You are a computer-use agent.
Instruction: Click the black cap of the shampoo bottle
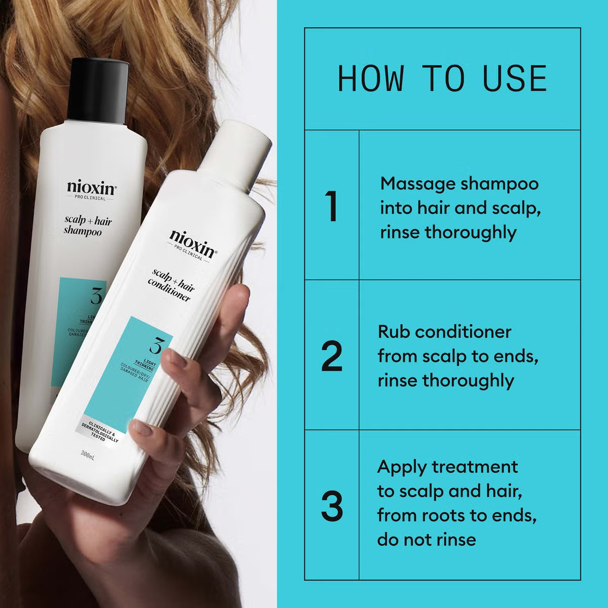tap(98, 91)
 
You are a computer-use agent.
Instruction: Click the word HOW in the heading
tap(371, 79)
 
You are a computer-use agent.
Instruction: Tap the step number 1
tap(332, 207)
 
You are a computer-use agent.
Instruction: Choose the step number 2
tap(332, 357)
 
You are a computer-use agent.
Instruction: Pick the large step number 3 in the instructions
tap(332, 506)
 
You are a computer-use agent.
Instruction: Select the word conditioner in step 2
tap(459, 332)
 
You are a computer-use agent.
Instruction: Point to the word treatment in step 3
tap(475, 467)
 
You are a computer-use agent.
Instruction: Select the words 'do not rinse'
tap(426, 539)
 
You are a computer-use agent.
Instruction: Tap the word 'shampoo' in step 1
tap(499, 183)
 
